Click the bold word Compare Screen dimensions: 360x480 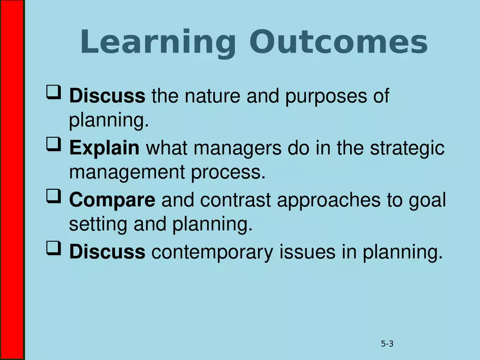(112, 200)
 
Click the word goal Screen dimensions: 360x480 (427, 201)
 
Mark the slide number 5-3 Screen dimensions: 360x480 (387, 344)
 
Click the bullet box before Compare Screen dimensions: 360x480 (53, 197)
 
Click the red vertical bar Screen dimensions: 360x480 (12, 180)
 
